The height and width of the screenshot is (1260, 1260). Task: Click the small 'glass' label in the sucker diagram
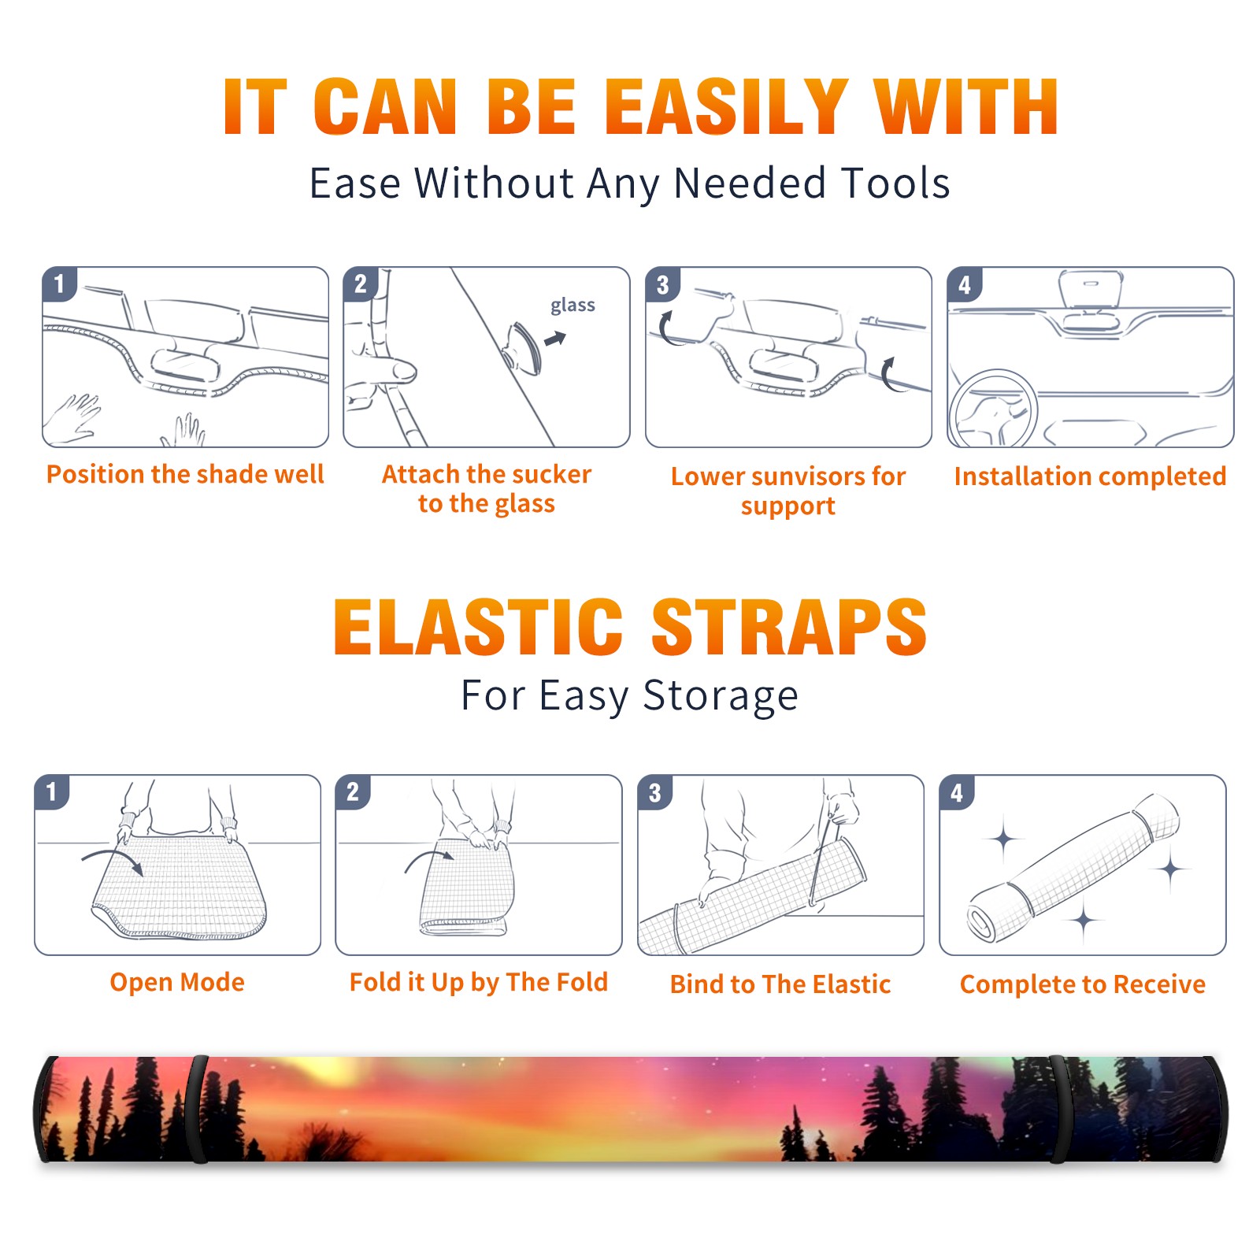573,306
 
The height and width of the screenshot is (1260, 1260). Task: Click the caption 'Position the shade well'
185,474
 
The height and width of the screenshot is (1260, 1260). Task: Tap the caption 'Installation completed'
1090,476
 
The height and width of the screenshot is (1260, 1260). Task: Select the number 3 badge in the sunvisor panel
662,284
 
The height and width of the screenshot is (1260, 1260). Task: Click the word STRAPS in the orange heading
789,627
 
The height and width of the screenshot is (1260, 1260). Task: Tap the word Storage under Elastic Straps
720,696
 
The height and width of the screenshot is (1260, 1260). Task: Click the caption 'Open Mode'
177,982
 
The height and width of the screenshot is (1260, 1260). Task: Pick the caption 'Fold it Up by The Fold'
479,982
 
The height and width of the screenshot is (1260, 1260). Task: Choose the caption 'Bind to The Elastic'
780,984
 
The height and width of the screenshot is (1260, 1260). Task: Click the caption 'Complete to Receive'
1083,984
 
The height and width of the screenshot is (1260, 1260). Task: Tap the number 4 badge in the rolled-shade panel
957,792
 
